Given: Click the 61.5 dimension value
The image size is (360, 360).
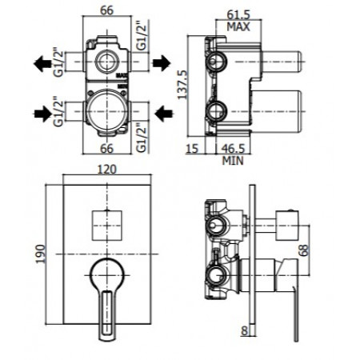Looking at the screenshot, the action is pyautogui.click(x=238, y=14).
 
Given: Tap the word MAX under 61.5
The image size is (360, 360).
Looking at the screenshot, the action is pyautogui.click(x=238, y=26).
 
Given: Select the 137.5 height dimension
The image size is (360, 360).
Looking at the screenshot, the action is pyautogui.click(x=182, y=85).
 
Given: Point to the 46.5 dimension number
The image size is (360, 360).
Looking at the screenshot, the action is pyautogui.click(x=233, y=149).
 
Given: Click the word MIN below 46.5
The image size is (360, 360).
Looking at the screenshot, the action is pyautogui.click(x=233, y=161).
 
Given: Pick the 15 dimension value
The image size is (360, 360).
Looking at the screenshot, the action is pyautogui.click(x=192, y=149).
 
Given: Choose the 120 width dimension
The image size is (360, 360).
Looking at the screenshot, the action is pyautogui.click(x=106, y=170).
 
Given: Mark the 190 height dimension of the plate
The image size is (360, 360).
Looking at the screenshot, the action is pyautogui.click(x=41, y=254).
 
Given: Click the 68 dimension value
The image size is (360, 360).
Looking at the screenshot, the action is pyautogui.click(x=304, y=250).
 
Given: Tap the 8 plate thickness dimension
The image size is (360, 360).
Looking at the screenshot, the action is pyautogui.click(x=245, y=331).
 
